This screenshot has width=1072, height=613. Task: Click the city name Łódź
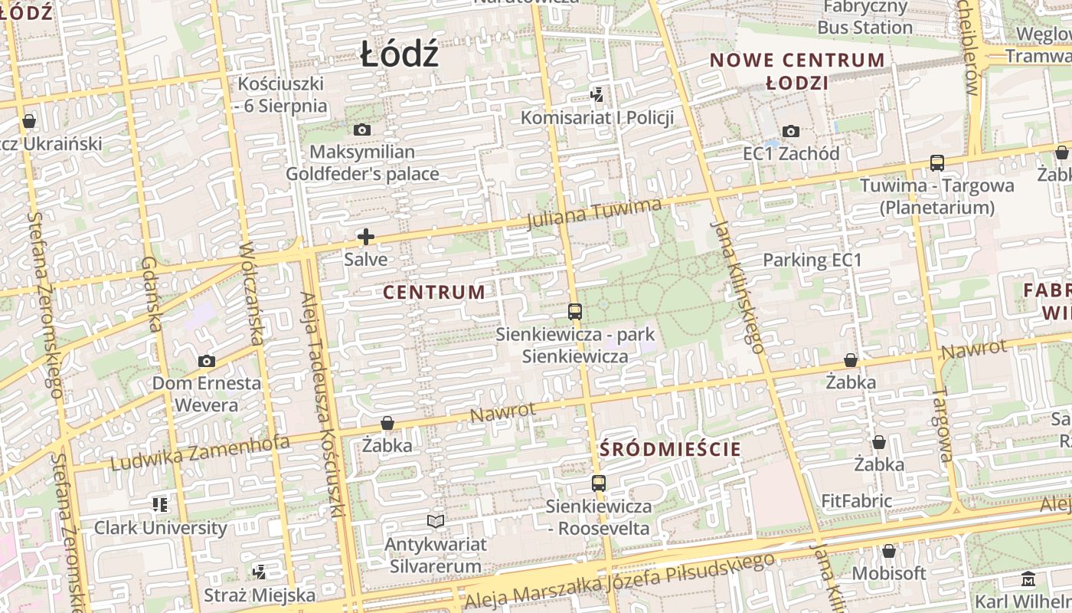point(400,55)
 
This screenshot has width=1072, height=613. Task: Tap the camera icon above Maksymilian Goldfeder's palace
point(363,130)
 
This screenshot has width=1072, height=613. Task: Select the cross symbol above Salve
point(366,237)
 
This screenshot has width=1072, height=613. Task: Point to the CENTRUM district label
point(434,293)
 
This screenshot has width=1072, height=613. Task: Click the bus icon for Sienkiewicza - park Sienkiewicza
point(575,312)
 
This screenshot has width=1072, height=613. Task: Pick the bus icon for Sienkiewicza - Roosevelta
point(599,484)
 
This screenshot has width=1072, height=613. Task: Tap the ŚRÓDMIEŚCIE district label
point(671,449)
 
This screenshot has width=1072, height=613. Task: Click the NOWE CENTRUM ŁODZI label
point(797,71)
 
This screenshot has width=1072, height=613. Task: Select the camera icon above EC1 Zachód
point(791,132)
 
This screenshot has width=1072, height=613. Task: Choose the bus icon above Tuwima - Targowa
point(937,162)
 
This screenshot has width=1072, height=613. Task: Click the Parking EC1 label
point(812,261)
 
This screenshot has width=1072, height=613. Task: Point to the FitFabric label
point(857,501)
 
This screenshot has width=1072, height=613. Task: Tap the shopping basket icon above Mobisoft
point(889,551)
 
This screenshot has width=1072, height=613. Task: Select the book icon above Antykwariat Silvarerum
point(436,522)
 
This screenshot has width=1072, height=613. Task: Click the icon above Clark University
point(160,505)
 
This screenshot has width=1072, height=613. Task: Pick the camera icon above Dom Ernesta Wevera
point(206,361)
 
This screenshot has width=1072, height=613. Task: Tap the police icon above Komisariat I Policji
point(597,95)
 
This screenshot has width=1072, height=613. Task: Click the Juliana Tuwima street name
point(594,214)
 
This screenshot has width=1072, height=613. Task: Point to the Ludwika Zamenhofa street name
point(201,453)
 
